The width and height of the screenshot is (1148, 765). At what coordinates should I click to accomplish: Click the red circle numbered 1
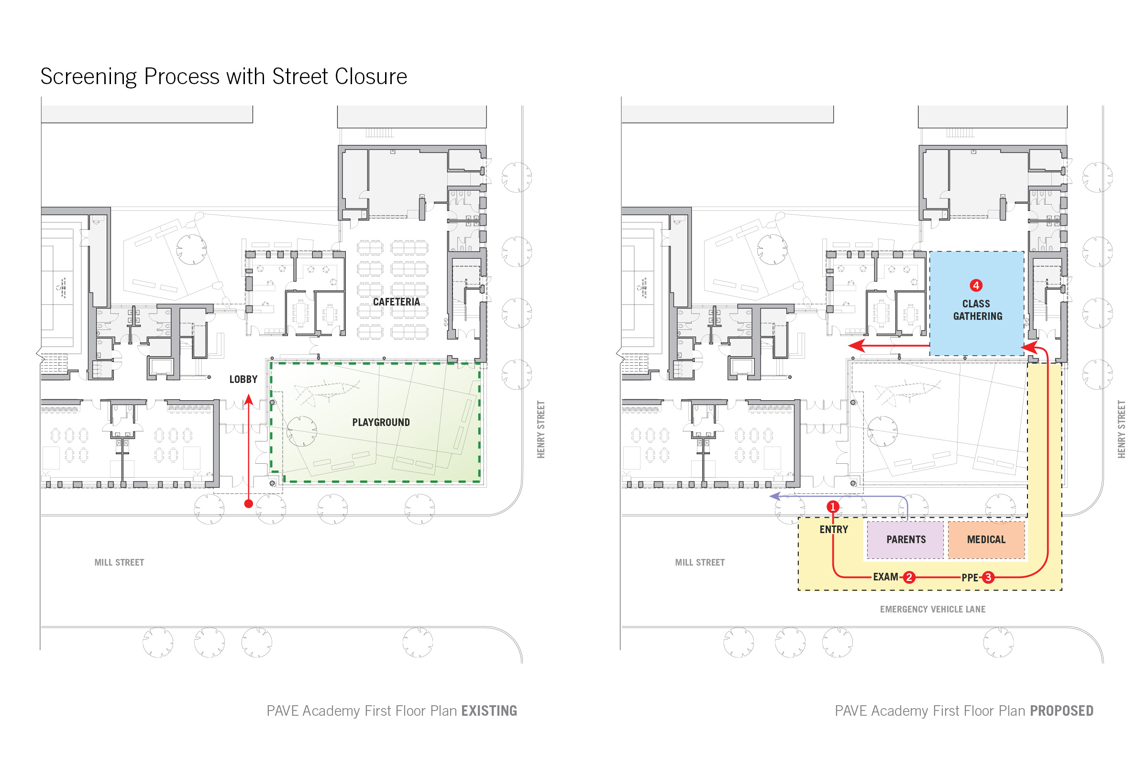pyautogui.click(x=833, y=507)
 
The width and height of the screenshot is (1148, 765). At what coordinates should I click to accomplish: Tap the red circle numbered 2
pyautogui.click(x=909, y=578)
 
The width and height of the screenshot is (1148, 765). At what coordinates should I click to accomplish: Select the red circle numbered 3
pyautogui.click(x=988, y=578)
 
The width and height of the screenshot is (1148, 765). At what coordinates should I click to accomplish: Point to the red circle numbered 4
pyautogui.click(x=976, y=285)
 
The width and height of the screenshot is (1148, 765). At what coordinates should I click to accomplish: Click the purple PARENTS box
pyautogui.click(x=905, y=540)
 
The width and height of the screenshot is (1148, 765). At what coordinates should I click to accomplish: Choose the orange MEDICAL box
pyautogui.click(x=986, y=540)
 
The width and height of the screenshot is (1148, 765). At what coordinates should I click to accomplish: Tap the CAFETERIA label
pyautogui.click(x=397, y=302)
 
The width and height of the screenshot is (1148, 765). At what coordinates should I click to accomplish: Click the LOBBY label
pyautogui.click(x=243, y=380)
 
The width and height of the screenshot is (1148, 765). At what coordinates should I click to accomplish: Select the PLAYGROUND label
pyautogui.click(x=381, y=423)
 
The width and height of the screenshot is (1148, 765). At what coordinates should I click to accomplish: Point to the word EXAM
pyautogui.click(x=885, y=577)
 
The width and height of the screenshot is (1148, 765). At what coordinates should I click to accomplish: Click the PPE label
pyautogui.click(x=970, y=578)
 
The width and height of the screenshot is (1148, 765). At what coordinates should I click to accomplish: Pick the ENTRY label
pyautogui.click(x=834, y=530)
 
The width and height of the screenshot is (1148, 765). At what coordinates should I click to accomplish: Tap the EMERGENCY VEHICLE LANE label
pyautogui.click(x=933, y=609)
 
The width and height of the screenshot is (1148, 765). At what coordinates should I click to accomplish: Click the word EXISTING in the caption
pyautogui.click(x=489, y=711)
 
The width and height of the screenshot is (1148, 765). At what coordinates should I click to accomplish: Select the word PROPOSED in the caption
pyautogui.click(x=1061, y=711)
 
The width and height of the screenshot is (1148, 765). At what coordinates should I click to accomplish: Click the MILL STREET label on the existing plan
pyautogui.click(x=119, y=563)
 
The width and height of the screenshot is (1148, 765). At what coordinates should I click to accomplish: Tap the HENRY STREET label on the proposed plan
pyautogui.click(x=1122, y=429)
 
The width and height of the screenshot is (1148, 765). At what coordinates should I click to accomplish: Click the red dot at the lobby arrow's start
pyautogui.click(x=248, y=504)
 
